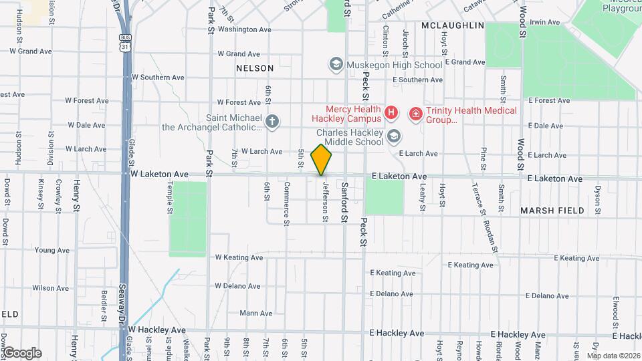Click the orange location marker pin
coord(322,160)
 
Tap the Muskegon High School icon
coord(336,65)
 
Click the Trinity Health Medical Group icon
coord(416,114)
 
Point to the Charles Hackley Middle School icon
coord(395,136)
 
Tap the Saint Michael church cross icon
coord(272,122)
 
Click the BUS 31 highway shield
coord(124,43)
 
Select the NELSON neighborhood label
coord(255,68)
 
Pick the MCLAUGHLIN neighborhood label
coord(453,25)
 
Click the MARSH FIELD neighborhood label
coord(552,211)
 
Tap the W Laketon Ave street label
coord(159,174)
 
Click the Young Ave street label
coord(52,251)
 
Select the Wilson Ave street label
coord(51,288)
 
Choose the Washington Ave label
coord(244,29)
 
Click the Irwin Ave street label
coord(544,22)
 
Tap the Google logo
coord(21,353)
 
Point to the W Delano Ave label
coord(237,286)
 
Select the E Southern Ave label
coord(417,80)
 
